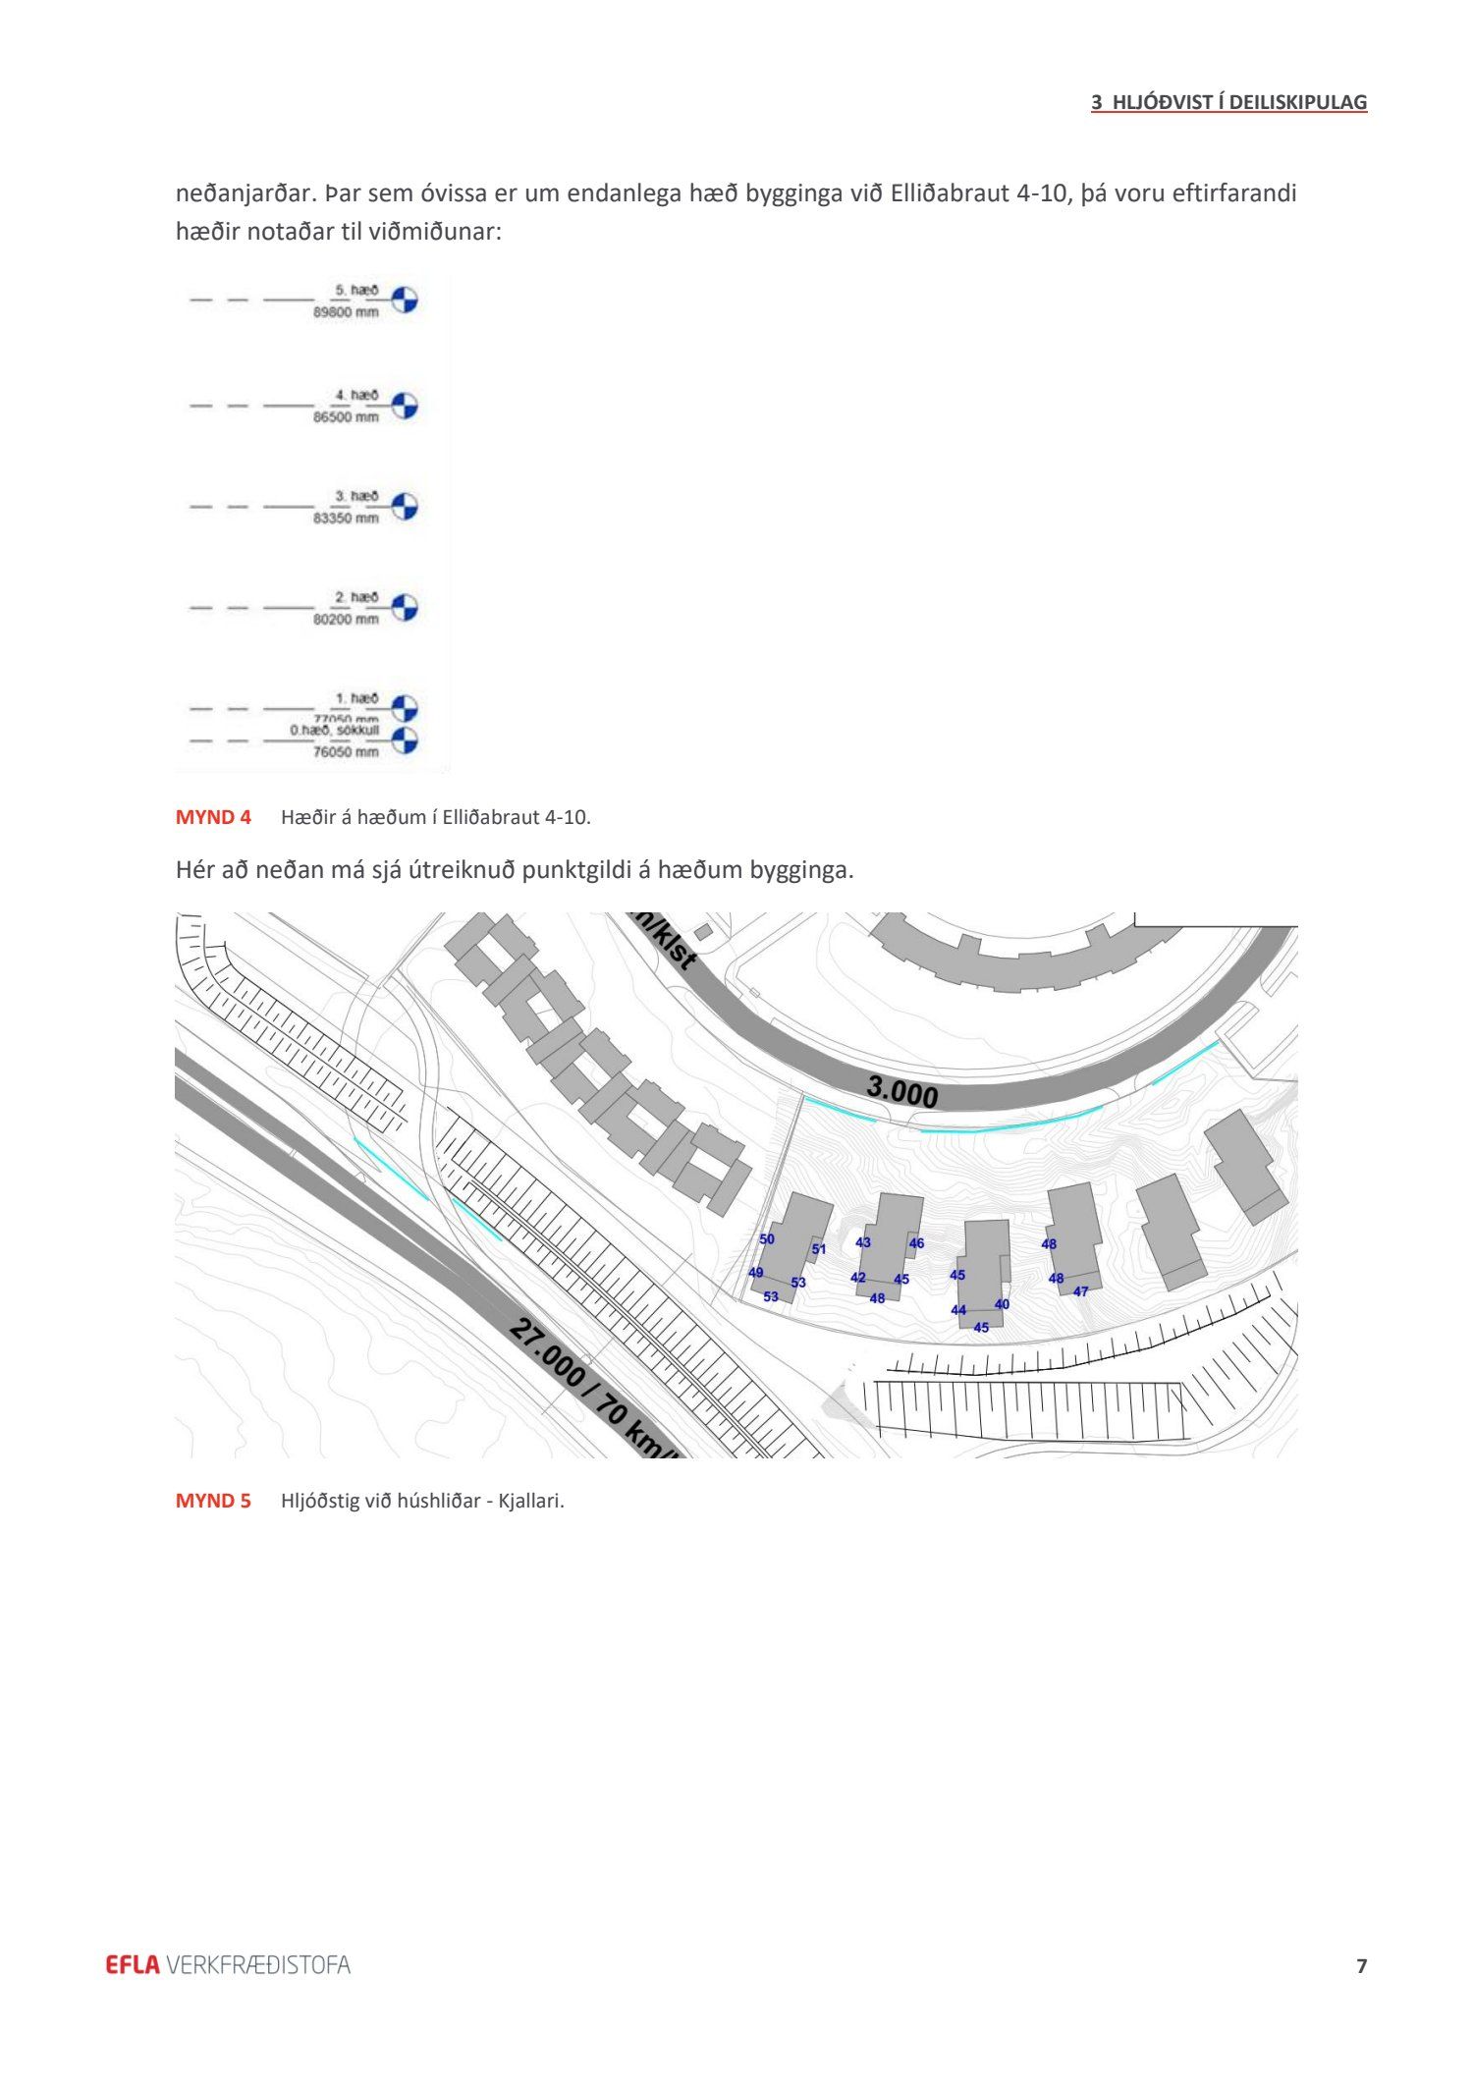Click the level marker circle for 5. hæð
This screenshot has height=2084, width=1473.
click(405, 300)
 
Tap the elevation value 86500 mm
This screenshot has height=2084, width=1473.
click(346, 417)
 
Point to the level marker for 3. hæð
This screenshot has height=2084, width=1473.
click(405, 507)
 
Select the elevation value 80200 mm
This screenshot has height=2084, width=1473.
click(346, 620)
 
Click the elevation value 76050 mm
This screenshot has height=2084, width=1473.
click(346, 752)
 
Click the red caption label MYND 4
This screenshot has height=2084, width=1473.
click(213, 817)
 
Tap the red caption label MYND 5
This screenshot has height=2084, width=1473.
click(213, 1501)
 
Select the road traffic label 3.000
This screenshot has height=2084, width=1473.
click(901, 1091)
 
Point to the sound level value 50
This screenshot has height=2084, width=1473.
click(767, 1239)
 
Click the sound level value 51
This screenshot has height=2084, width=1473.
click(819, 1250)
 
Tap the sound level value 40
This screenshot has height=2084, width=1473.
click(1002, 1304)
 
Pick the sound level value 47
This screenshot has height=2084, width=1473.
click(1080, 1291)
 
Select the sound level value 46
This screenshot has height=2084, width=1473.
click(916, 1243)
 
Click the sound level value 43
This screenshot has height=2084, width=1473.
click(863, 1242)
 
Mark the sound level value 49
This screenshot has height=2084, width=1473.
click(755, 1273)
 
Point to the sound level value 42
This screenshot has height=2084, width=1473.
click(858, 1278)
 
